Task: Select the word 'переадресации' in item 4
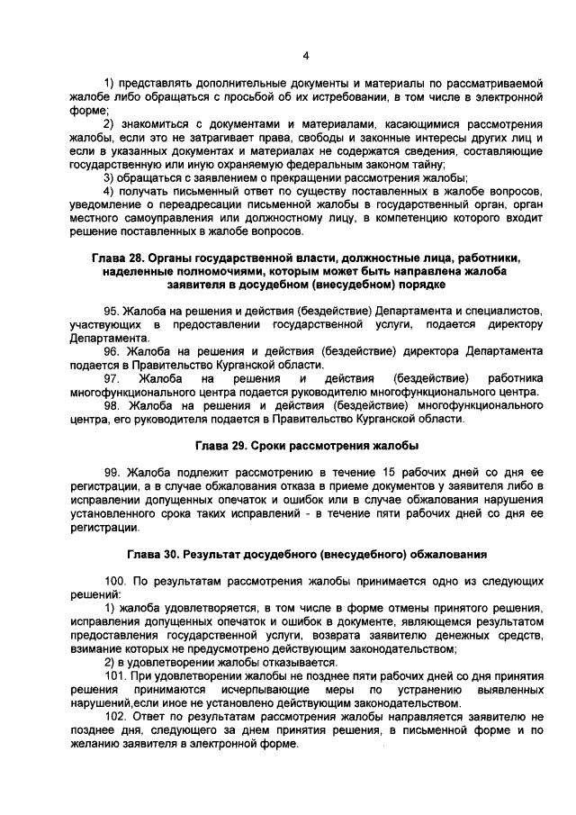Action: pyautogui.click(x=192, y=204)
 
